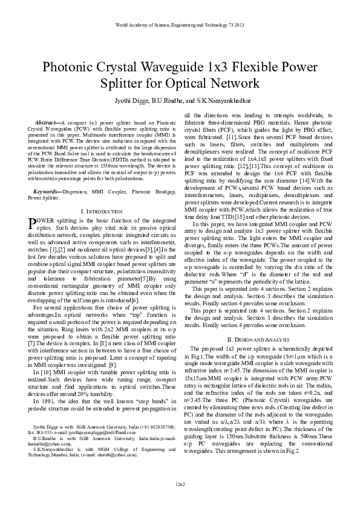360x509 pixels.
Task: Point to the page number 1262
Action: click(x=180, y=484)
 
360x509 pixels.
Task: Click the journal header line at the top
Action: click(x=180, y=25)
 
